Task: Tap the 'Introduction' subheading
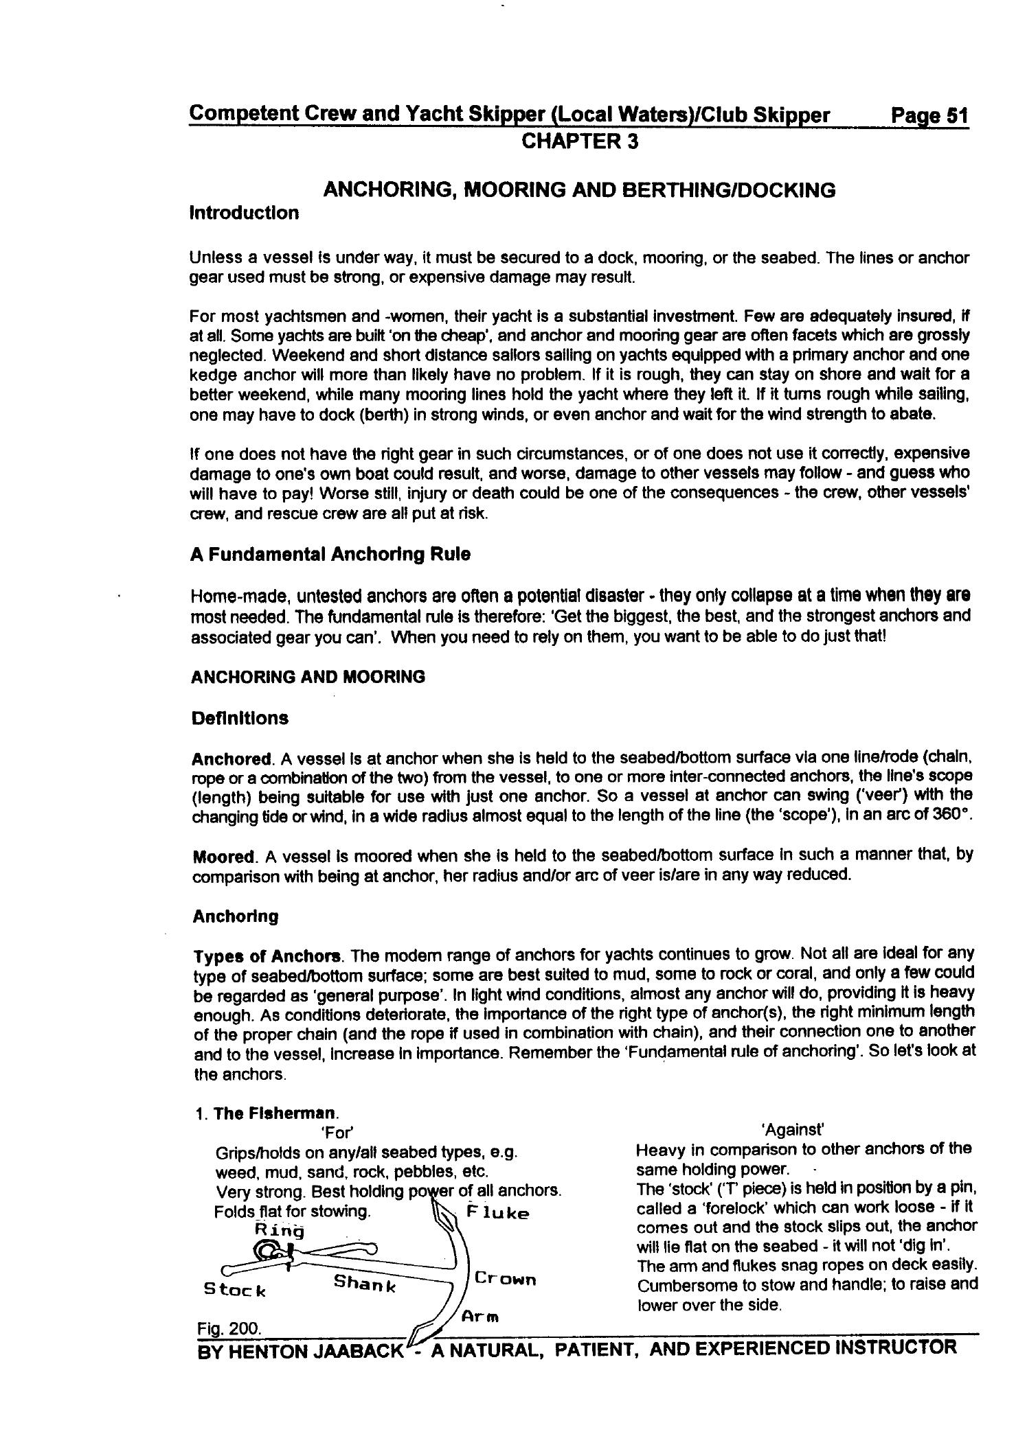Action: (x=244, y=213)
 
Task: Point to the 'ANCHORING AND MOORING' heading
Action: (x=308, y=677)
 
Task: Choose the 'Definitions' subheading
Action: (x=240, y=719)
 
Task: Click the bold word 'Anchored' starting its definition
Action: (x=232, y=759)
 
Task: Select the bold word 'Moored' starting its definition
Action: (x=223, y=857)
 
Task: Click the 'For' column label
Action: (x=337, y=1132)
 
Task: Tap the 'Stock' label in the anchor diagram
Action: (x=234, y=1290)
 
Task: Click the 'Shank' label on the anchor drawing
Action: (x=365, y=1283)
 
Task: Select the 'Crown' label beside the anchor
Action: (x=506, y=1279)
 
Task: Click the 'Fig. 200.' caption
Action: (x=229, y=1329)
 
